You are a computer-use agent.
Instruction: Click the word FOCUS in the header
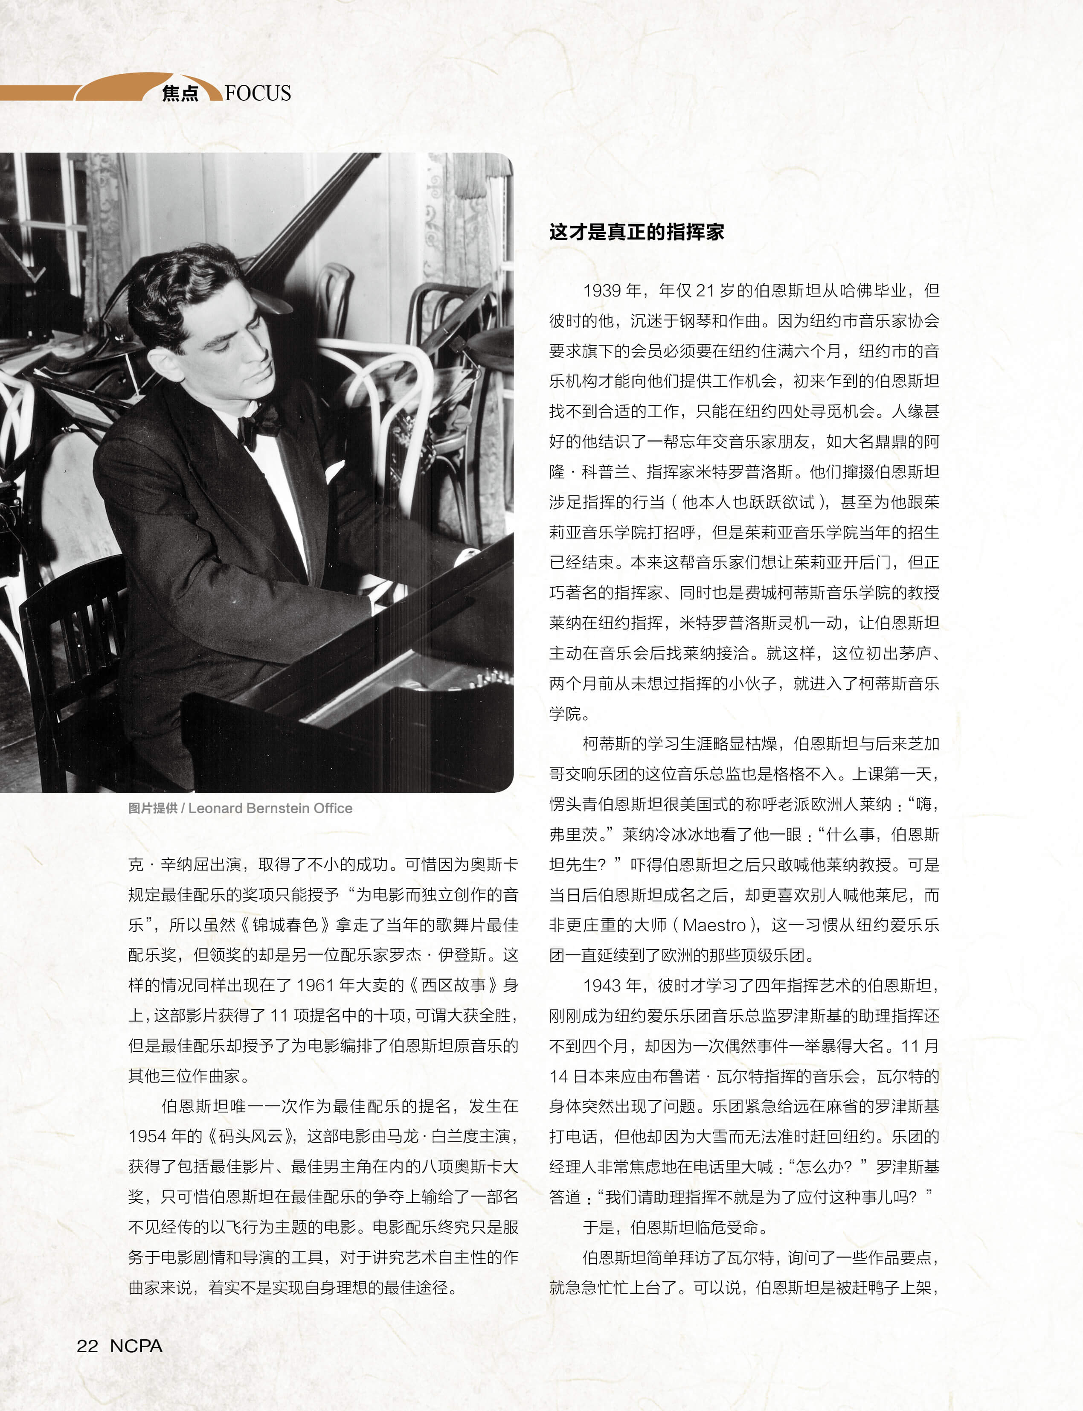pos(258,93)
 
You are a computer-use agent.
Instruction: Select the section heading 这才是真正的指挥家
pos(636,232)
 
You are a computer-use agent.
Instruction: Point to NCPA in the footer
pos(136,1346)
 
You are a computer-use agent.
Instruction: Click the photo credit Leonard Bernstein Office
pos(270,808)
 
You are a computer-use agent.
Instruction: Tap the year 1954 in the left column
pos(148,1136)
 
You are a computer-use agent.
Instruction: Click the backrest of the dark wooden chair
pos(77,619)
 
